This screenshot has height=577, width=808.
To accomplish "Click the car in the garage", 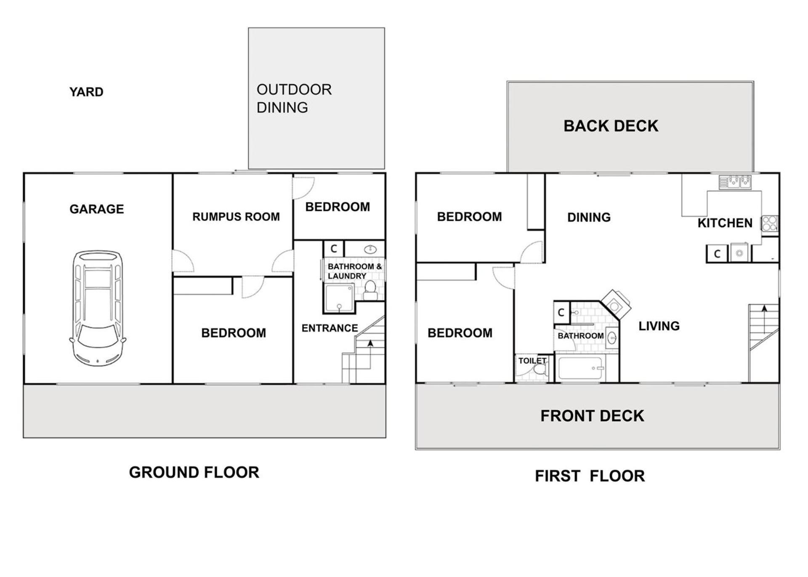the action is (x=98, y=308).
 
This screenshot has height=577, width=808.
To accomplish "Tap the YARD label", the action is (x=86, y=92).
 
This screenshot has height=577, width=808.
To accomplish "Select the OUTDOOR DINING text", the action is (x=294, y=98).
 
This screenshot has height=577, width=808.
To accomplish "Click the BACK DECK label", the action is (x=611, y=126).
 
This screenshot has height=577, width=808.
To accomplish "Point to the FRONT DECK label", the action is (x=592, y=416).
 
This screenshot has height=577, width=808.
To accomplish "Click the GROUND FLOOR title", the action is (x=194, y=472).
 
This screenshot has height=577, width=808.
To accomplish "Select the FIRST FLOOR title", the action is (x=590, y=476).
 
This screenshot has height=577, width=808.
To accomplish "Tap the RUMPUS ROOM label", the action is (x=236, y=217).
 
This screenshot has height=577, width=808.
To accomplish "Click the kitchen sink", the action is (x=735, y=182).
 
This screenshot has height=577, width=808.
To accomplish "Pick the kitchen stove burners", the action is (x=770, y=223).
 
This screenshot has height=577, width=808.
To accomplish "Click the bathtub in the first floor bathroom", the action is (x=581, y=368).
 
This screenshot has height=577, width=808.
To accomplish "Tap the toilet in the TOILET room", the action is (x=540, y=370).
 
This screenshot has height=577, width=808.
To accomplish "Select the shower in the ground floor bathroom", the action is (x=339, y=298).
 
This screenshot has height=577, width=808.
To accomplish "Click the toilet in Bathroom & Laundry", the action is (x=370, y=290).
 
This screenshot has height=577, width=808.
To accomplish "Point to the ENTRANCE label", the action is (x=330, y=328).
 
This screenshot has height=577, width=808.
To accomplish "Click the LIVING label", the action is (x=659, y=326).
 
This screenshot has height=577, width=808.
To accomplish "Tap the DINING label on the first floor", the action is (x=589, y=218).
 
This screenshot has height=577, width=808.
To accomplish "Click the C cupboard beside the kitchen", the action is (x=717, y=254).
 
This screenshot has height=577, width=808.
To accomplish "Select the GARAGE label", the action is (x=97, y=209).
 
